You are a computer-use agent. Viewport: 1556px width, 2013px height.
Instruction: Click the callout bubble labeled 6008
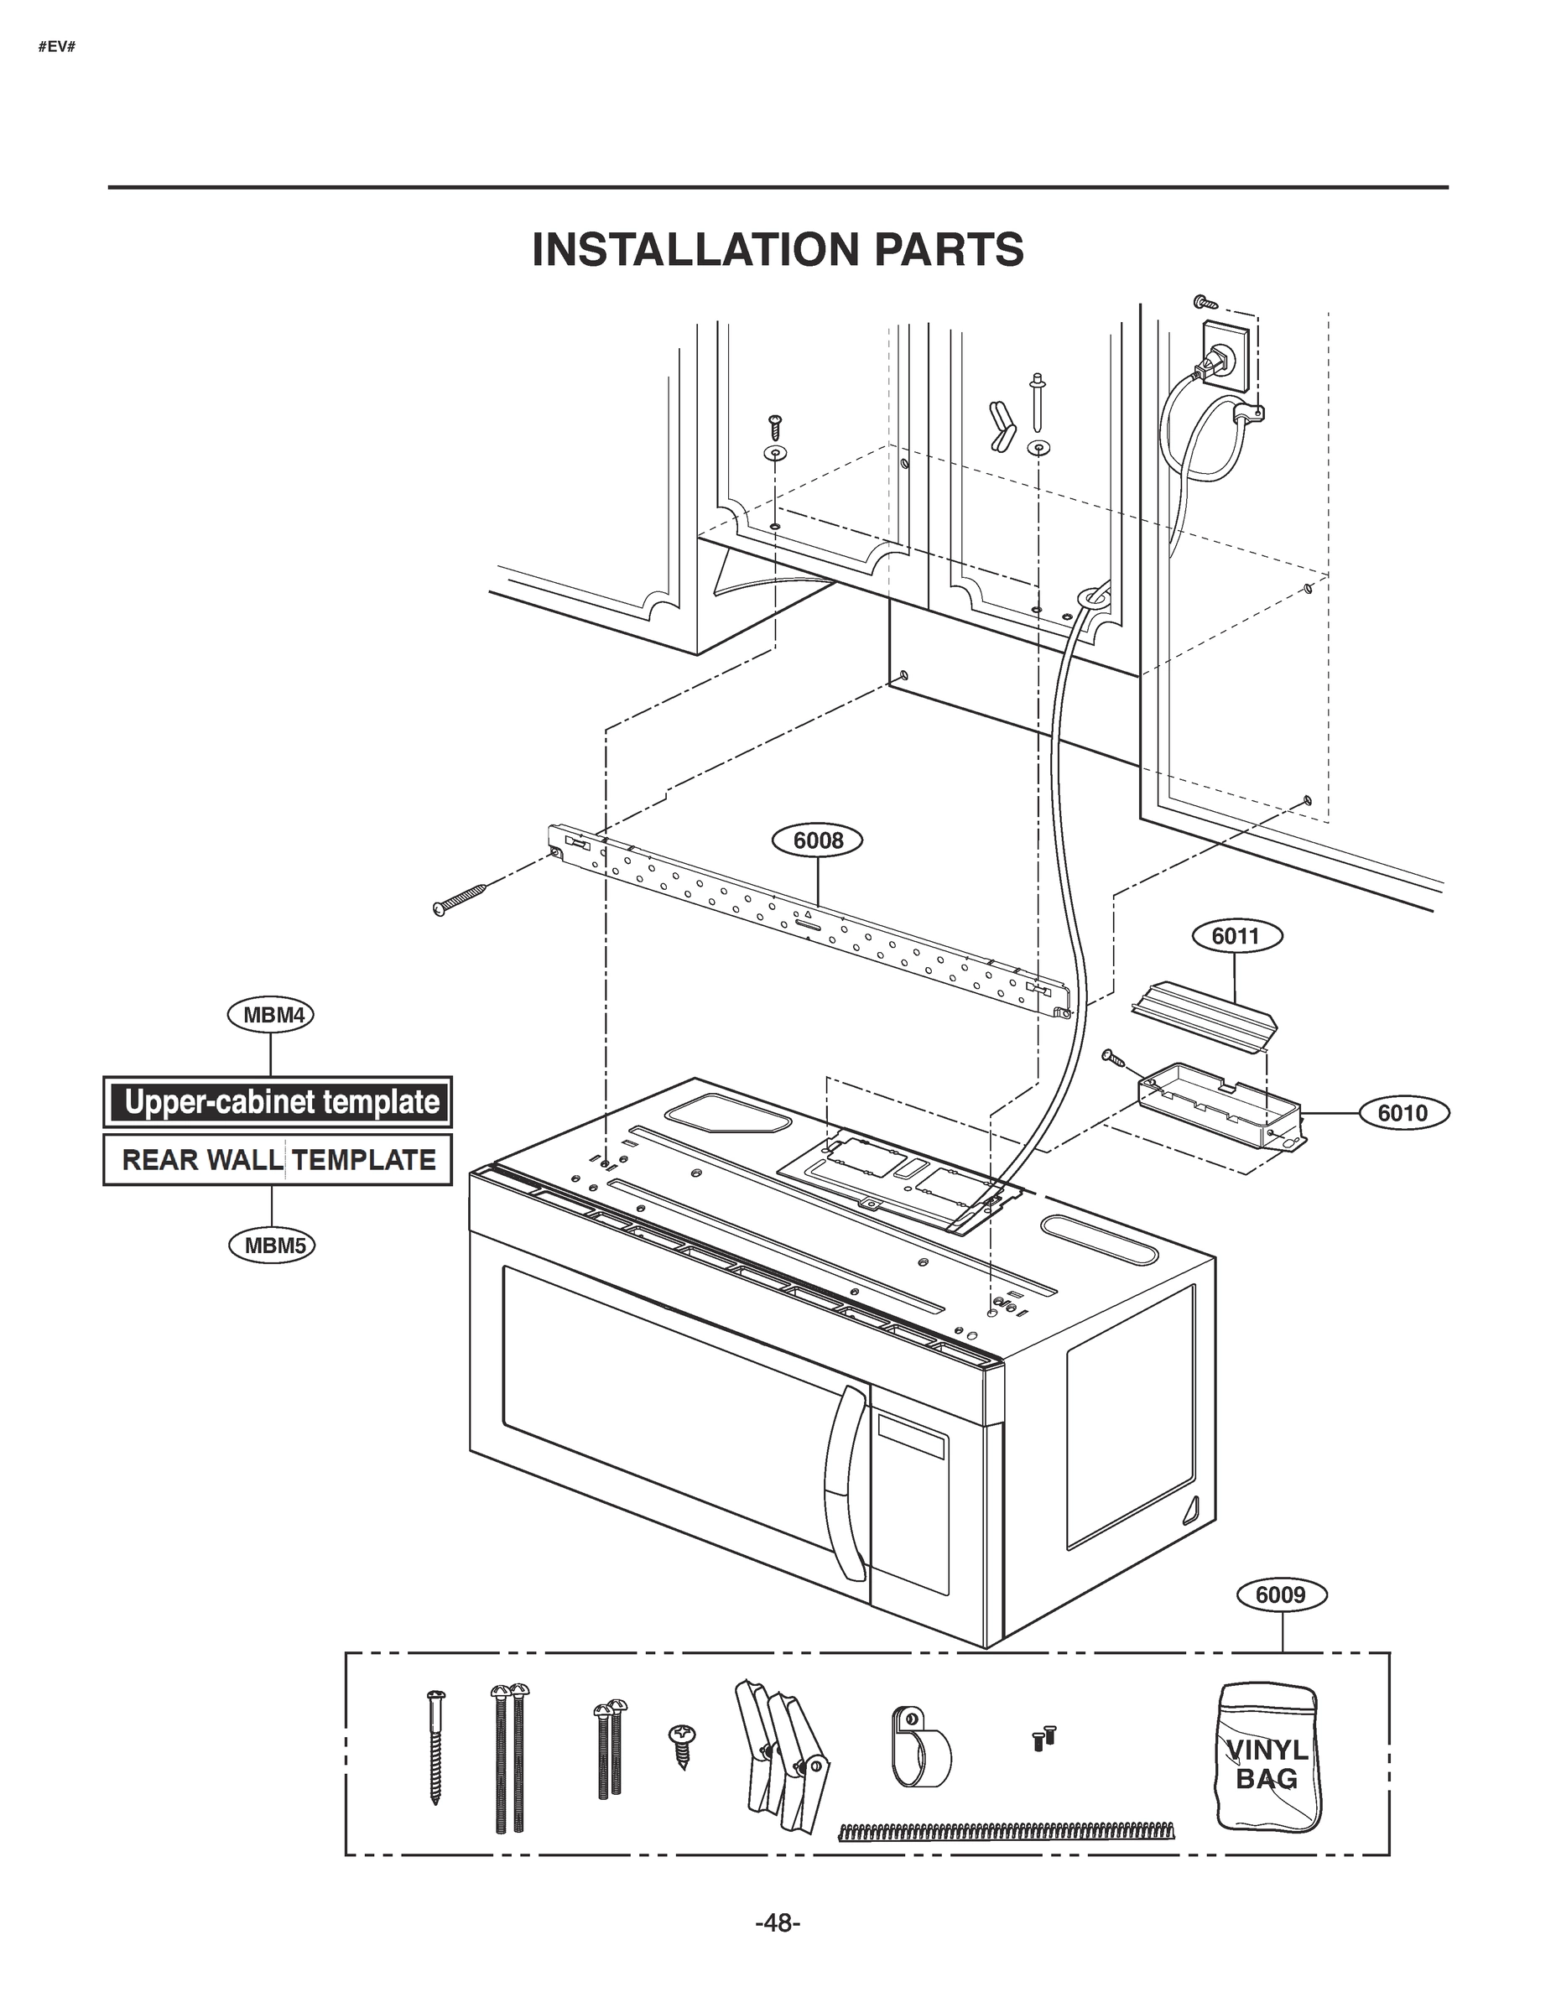(819, 840)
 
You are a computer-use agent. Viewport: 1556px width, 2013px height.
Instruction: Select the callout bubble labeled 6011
(1234, 936)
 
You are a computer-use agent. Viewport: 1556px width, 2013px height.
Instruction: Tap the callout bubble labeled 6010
(1402, 1113)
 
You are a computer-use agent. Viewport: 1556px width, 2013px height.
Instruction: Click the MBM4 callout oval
(272, 1016)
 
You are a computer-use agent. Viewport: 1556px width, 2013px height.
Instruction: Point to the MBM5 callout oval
(273, 1246)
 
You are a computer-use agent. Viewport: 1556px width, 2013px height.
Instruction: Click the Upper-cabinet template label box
(278, 1102)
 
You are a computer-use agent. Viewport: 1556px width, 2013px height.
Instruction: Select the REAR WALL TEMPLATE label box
(278, 1159)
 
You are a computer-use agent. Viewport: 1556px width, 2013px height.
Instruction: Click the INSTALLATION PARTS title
(777, 250)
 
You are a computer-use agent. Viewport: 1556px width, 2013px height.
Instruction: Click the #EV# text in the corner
(56, 47)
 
